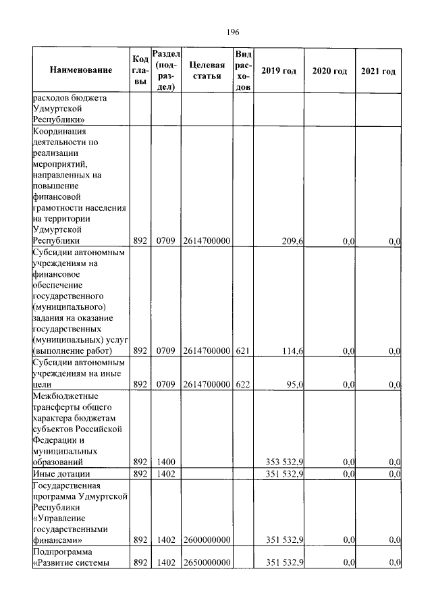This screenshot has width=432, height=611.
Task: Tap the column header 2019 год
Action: (x=278, y=70)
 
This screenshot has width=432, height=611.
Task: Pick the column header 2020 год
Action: (x=329, y=70)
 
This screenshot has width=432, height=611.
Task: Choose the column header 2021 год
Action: (x=378, y=70)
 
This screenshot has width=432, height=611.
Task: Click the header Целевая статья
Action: (x=207, y=70)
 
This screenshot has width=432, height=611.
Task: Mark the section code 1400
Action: (x=166, y=462)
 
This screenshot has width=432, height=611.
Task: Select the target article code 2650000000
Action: (x=207, y=562)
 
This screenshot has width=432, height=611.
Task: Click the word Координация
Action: (x=60, y=131)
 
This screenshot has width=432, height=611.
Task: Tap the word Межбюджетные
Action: (x=64, y=396)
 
